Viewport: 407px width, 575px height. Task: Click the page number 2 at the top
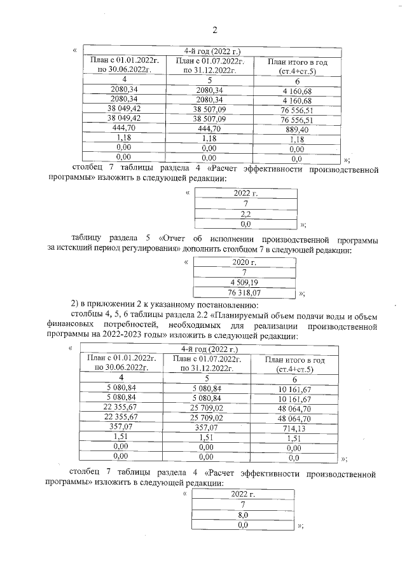214,30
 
